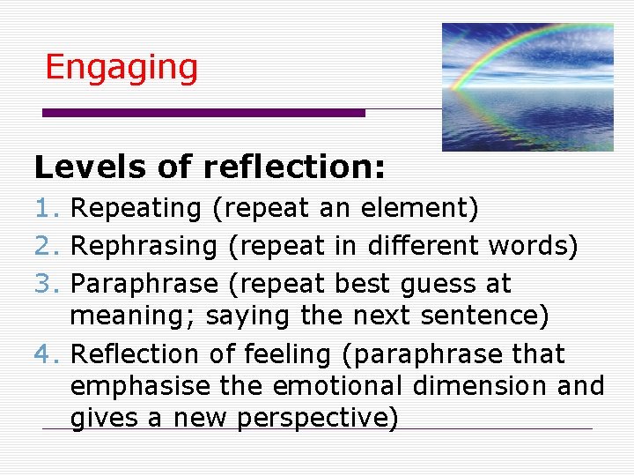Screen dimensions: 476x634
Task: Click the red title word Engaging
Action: tap(122, 68)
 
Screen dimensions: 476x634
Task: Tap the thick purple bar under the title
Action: tap(203, 113)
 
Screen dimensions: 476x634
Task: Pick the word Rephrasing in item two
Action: tap(144, 247)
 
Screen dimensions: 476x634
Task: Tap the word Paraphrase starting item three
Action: tap(144, 285)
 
